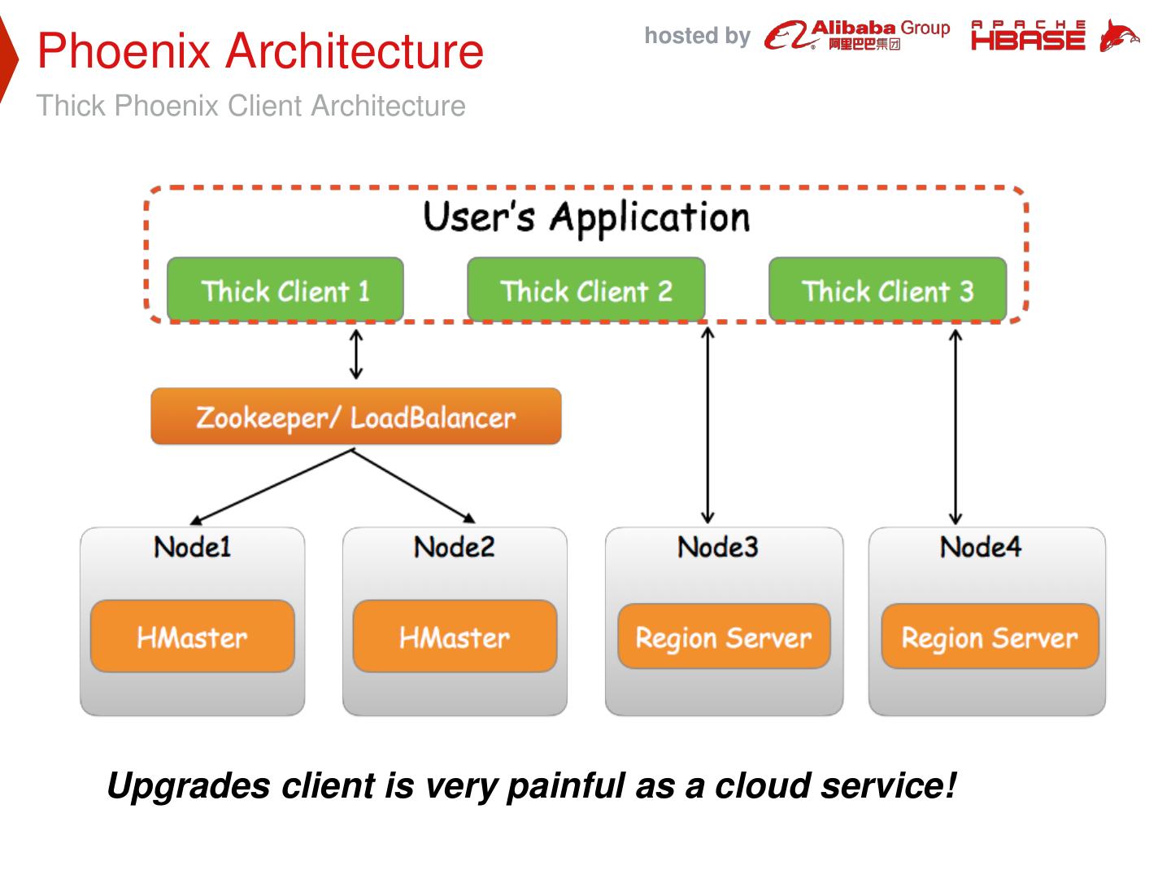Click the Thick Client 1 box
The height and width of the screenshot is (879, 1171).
point(285,290)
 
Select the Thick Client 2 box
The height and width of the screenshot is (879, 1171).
point(585,290)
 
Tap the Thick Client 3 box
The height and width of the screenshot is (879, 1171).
point(887,290)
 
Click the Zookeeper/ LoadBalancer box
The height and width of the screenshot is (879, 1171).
point(355,417)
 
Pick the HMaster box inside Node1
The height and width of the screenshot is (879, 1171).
point(192,636)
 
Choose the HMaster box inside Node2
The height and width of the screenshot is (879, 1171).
point(455,636)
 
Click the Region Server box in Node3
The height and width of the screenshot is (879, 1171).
point(724,636)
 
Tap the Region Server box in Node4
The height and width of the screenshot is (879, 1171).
point(990,636)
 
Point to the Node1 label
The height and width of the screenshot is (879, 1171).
point(193,546)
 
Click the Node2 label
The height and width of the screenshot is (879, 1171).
point(455,546)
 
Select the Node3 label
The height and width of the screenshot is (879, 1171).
point(718,546)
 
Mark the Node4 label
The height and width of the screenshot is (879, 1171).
point(981,546)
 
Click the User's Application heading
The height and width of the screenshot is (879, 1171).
point(586,217)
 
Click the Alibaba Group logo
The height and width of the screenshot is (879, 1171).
point(857,35)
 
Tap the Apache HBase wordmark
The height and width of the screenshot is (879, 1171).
point(1028,36)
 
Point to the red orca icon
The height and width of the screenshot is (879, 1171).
point(1118,36)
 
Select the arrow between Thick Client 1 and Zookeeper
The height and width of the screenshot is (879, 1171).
point(355,354)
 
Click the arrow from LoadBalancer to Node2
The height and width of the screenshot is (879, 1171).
point(415,486)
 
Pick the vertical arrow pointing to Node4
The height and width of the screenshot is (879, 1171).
point(956,426)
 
